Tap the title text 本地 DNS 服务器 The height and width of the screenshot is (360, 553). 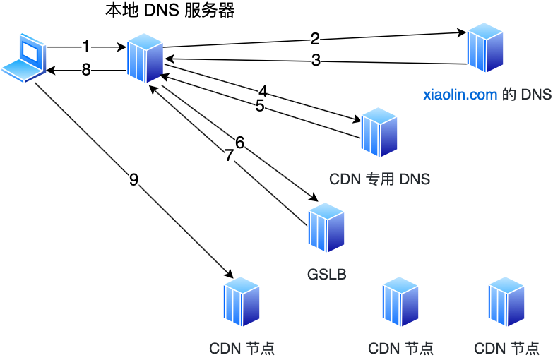pos(170,11)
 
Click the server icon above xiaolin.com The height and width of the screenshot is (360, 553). pos(484,47)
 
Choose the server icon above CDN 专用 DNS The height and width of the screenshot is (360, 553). pos(379,132)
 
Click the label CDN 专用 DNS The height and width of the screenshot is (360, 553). pos(379,179)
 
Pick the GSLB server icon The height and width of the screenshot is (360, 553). pos(326,227)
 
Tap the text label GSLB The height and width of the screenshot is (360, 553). pos(326,273)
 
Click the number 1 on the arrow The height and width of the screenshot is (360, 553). pos(86,47)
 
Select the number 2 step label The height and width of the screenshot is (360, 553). pos(315,38)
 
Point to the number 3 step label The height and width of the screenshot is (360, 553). pos(316,61)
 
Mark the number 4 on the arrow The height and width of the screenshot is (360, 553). pos(263,92)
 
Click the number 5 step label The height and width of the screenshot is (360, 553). pos(260,106)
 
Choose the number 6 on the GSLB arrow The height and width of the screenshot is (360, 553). pos(239,143)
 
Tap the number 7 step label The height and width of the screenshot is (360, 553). pos(229,156)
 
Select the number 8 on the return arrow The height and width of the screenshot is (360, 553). pos(86,70)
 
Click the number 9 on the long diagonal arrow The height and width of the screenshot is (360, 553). pos(133,179)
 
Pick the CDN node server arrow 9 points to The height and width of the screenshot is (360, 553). pos(242,301)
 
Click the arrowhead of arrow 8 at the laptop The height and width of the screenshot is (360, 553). pos(51,70)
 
